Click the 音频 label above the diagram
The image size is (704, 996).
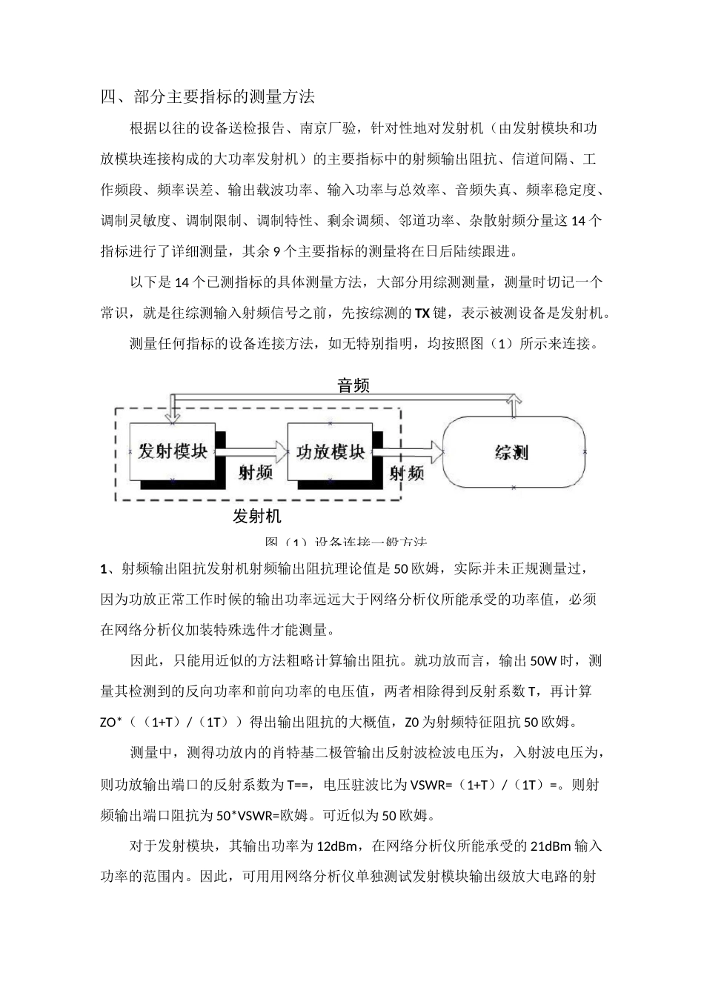[x=353, y=385]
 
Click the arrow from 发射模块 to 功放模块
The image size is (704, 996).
[x=252, y=450]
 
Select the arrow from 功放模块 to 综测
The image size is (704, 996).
[x=408, y=450]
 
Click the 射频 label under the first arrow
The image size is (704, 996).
[x=255, y=472]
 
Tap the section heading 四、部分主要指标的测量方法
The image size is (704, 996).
[x=208, y=96]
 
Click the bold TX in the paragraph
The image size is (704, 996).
[x=421, y=313]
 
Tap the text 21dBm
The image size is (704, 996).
[x=552, y=846]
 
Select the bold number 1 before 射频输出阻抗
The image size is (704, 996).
[x=104, y=569]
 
